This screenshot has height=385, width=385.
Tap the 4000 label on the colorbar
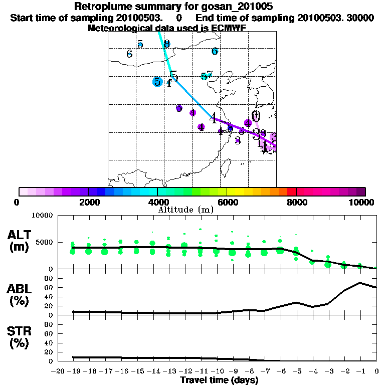157,203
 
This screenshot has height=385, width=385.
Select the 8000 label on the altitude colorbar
296,203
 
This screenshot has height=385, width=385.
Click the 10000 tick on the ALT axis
43,216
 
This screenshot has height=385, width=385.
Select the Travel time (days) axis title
219,380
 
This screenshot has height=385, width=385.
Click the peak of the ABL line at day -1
360,283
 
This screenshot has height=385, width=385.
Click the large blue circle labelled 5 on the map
157,82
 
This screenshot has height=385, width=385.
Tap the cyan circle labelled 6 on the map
215,51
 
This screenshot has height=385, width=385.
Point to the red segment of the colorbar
291,191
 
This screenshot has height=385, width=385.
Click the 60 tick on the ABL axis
50,287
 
